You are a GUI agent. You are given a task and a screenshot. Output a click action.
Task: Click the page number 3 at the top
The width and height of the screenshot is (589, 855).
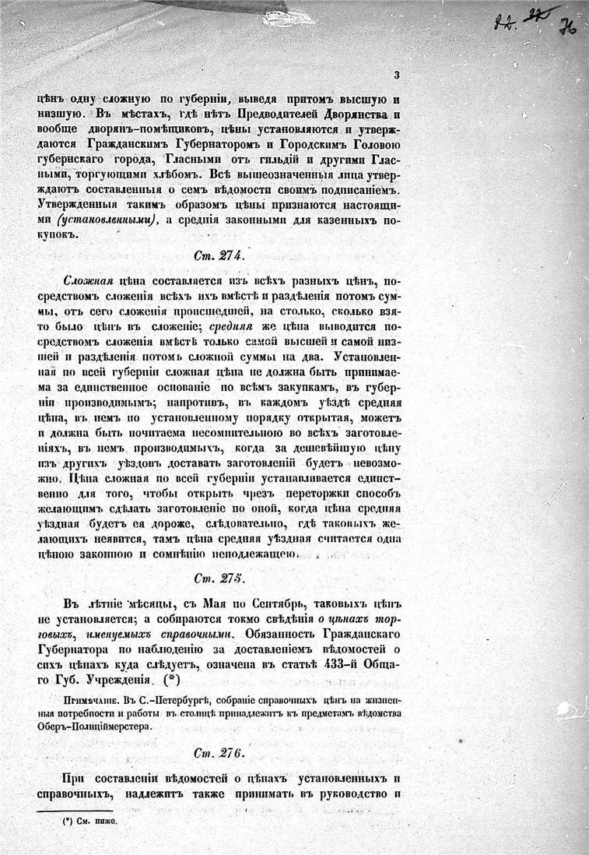pyautogui.click(x=397, y=75)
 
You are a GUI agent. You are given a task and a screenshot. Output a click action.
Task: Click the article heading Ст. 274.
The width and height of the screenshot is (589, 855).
pyautogui.click(x=219, y=255)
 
